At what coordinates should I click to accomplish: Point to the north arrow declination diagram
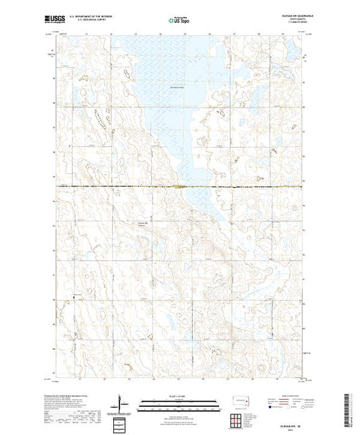click(x=120, y=403)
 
